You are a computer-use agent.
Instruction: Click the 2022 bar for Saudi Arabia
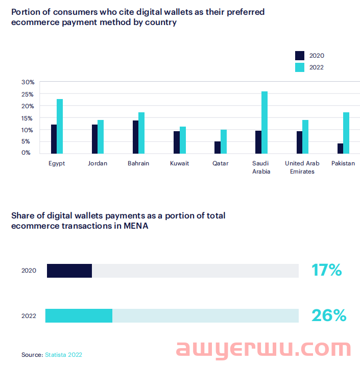[265, 123]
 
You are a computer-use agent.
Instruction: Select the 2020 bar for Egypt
[54, 139]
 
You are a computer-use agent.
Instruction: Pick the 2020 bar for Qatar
[218, 147]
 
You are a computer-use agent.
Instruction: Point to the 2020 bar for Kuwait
[177, 142]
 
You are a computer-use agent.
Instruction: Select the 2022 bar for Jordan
[101, 136]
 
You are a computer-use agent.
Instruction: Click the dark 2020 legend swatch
[300, 56]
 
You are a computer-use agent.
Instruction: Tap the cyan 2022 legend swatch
[300, 67]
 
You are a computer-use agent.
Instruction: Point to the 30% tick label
[28, 82]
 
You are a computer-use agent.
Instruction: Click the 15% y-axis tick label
[28, 118]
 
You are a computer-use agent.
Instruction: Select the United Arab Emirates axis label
[302, 167]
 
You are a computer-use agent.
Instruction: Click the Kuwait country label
[180, 163]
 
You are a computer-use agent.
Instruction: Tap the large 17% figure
[326, 270]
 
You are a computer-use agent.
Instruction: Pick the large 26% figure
[328, 315]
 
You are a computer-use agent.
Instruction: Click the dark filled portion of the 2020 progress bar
[69, 271]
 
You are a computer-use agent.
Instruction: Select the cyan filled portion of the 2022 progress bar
[79, 316]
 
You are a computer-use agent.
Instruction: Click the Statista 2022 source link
[63, 354]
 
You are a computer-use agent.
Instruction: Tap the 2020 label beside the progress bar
[29, 271]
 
